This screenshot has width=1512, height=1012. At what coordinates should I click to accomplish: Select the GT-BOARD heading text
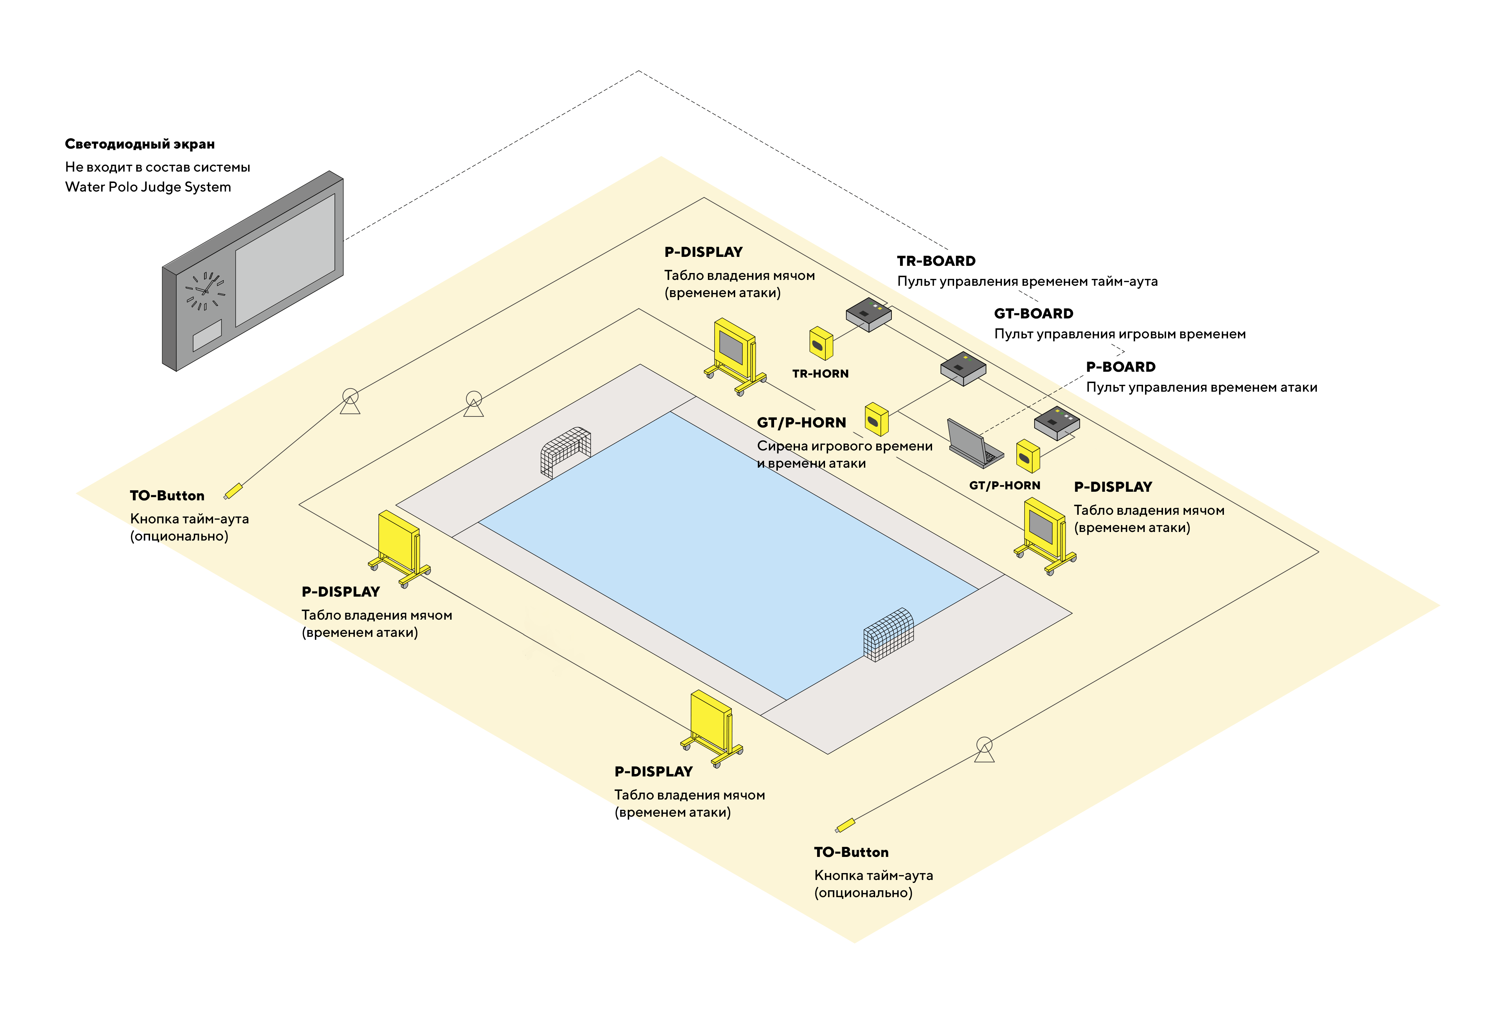point(1033,314)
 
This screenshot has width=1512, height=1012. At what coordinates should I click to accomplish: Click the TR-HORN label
point(820,374)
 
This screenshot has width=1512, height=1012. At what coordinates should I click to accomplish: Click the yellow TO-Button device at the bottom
point(845,825)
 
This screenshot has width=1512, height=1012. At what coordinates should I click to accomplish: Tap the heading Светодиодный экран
point(139,144)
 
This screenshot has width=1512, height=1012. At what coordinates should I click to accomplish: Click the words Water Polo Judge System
point(148,187)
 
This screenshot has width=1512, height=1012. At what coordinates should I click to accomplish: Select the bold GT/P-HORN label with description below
point(801,423)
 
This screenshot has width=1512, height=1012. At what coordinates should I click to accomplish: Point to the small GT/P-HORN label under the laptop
point(1004,485)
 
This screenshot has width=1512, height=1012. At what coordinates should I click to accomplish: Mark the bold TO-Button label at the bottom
point(850,852)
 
